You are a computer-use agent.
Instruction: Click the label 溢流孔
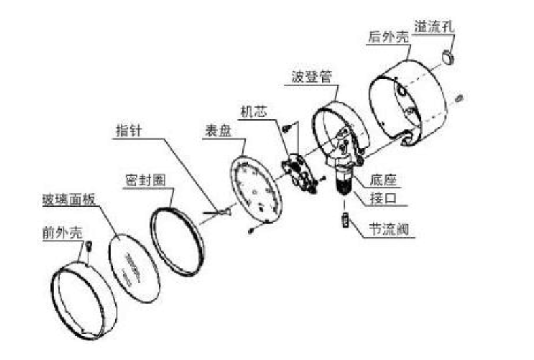434,26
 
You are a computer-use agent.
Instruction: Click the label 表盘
218,131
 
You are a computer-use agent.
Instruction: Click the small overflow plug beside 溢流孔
447,55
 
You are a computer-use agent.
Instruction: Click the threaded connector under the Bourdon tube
343,183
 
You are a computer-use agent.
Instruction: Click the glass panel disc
134,266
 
